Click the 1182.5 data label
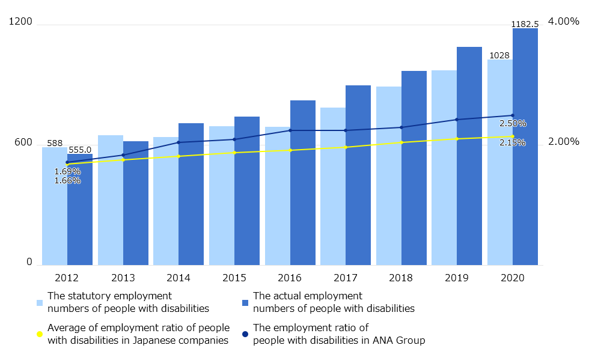[525, 24]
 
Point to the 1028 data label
[499, 55]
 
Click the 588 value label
[55, 143]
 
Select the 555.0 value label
[80, 150]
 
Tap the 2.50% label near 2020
[513, 123]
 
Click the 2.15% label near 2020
[513, 143]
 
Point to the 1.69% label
[67, 171]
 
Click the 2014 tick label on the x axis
[179, 278]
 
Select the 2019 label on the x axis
[457, 278]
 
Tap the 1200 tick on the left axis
[21, 22]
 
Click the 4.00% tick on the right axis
[564, 22]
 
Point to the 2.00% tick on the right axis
[564, 142]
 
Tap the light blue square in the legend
[40, 302]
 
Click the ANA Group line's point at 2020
[513, 115]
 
